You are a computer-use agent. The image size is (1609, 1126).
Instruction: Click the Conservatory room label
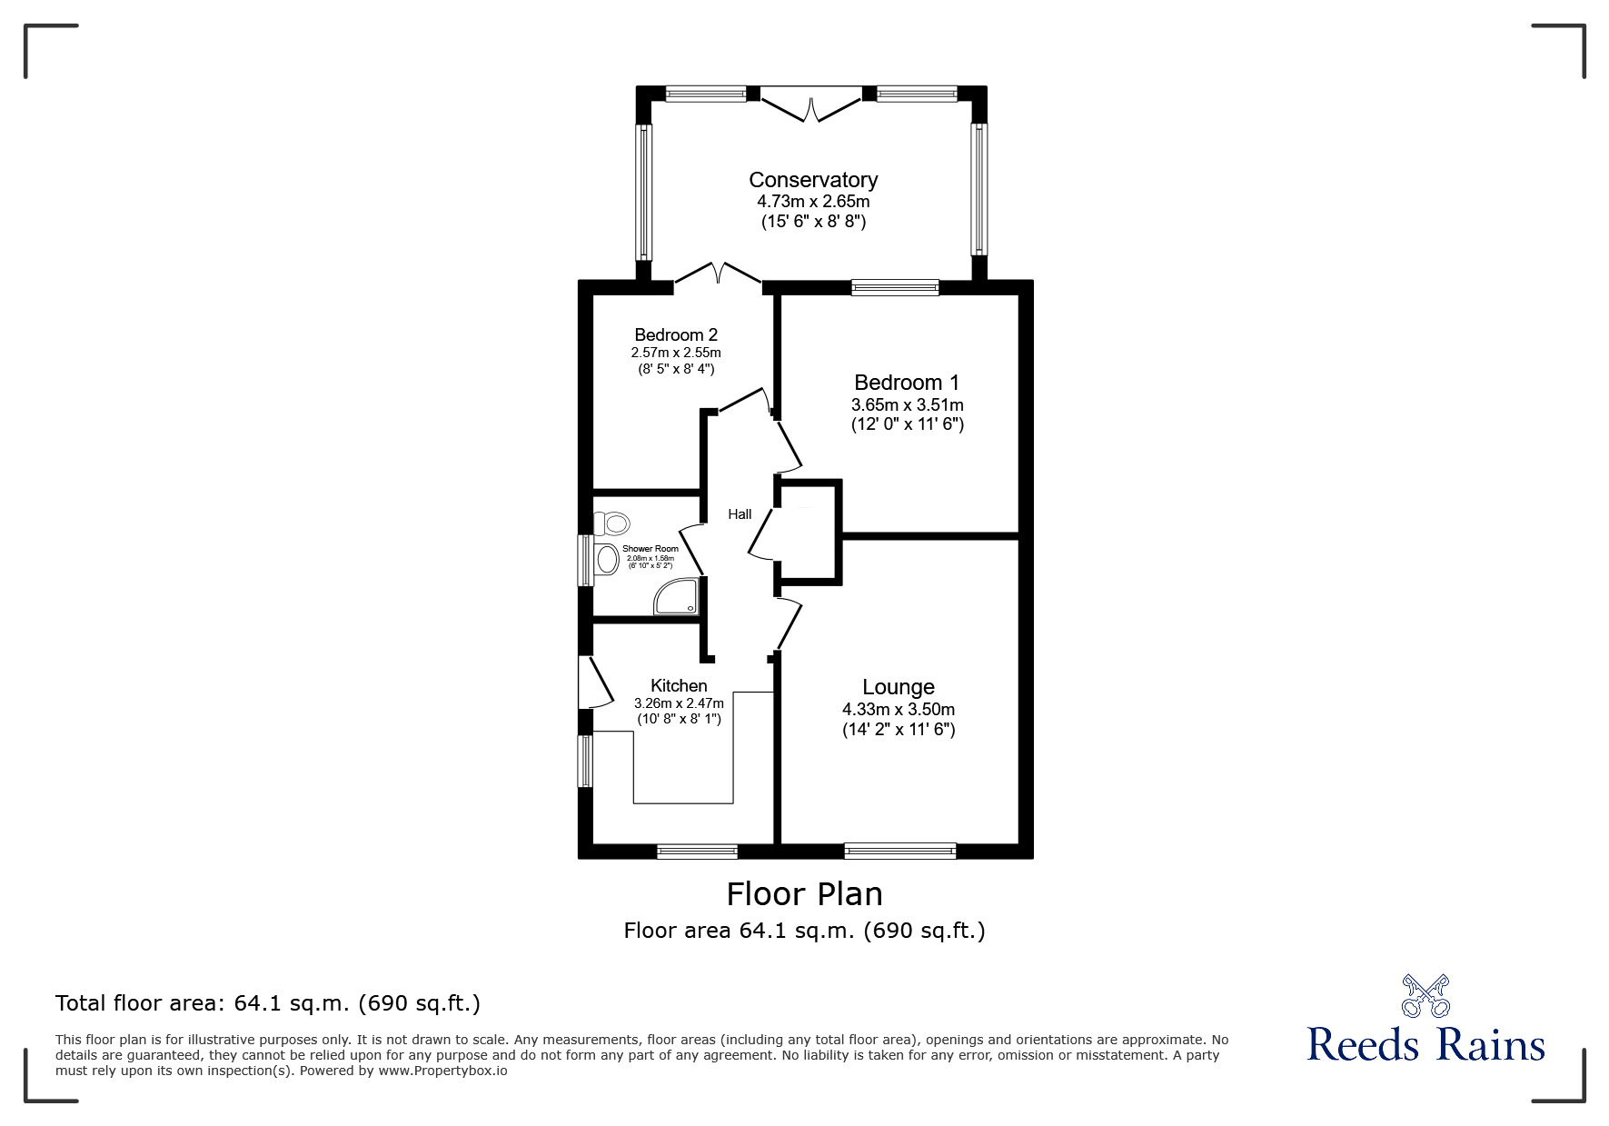[812, 180]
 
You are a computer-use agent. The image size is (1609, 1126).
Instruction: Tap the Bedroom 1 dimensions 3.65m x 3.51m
[907, 404]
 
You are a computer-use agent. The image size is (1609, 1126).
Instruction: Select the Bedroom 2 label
[676, 335]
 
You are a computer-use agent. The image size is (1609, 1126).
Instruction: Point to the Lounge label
[898, 687]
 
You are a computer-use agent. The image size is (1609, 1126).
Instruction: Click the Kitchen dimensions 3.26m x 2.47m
[679, 703]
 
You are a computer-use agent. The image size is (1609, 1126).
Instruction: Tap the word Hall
[740, 514]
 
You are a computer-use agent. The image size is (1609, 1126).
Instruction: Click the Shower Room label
[650, 549]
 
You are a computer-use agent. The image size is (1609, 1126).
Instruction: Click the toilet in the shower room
[613, 523]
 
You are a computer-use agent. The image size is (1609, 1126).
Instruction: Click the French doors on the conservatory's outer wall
[810, 103]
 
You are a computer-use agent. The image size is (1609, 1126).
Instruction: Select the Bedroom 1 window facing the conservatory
[895, 288]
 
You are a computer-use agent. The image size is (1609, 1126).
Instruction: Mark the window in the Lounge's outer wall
[899, 852]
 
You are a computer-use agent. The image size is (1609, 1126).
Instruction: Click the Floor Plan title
[804, 894]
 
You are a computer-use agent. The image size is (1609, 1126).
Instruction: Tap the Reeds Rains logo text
[1425, 1045]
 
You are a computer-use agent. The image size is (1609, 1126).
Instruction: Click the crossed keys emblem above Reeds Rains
[1425, 995]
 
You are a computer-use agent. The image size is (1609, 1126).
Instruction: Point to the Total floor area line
[268, 1003]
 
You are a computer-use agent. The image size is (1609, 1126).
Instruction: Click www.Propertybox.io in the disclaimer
[442, 1071]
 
